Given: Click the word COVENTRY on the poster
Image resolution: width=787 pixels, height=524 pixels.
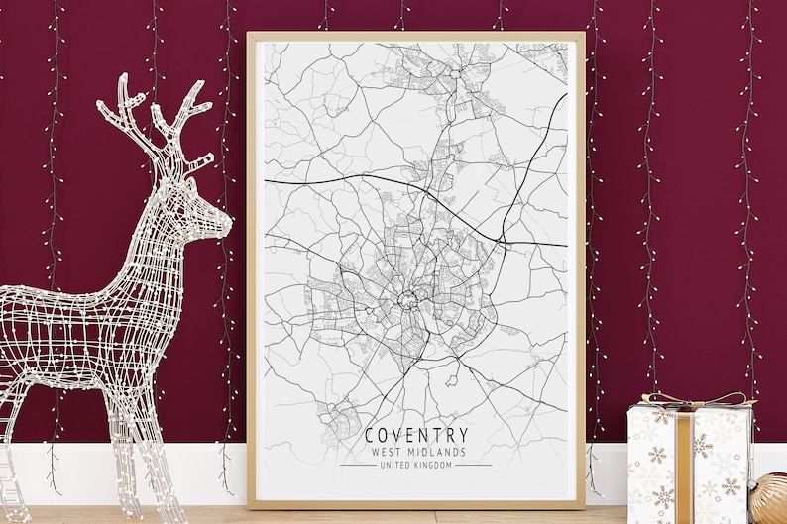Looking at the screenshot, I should coord(416,435).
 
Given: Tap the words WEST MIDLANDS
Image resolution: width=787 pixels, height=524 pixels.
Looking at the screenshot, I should coord(416,452).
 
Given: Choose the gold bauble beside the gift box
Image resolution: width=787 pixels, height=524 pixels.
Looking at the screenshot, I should coord(768,498).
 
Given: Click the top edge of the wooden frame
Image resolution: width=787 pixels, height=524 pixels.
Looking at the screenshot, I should coord(415,36).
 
